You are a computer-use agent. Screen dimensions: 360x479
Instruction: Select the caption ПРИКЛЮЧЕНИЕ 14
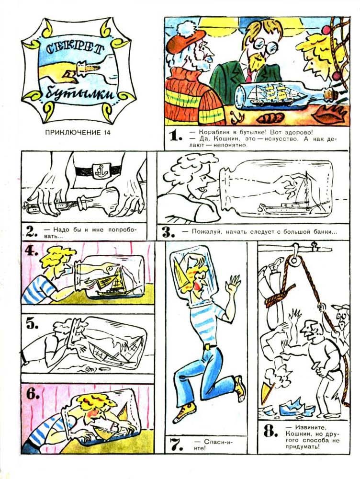click(78, 133)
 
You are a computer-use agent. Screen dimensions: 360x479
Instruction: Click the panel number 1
click(174, 136)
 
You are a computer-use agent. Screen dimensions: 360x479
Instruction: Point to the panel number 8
click(270, 432)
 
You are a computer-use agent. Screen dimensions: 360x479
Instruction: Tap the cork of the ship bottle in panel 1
click(330, 92)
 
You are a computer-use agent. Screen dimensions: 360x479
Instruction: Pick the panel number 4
click(32, 251)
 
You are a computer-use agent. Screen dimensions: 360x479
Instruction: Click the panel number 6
click(33, 394)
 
